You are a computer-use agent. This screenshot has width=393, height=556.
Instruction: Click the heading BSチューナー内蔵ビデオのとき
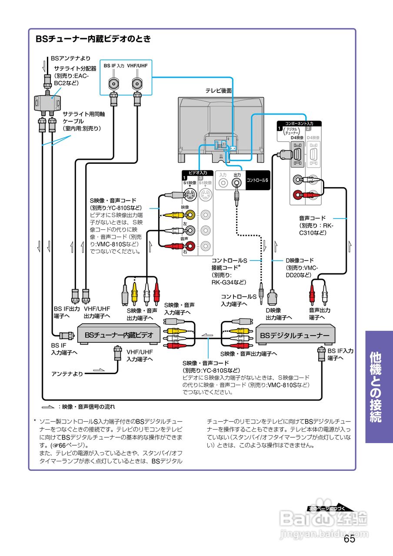click(93, 39)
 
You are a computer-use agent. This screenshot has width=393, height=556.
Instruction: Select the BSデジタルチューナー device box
click(295, 335)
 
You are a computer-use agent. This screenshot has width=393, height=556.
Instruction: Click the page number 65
click(349, 539)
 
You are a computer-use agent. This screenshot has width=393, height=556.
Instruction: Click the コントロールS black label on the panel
click(257, 179)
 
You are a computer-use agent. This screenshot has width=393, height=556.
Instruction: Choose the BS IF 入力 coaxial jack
click(114, 83)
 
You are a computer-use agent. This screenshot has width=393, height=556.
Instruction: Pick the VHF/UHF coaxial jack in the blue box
click(137, 83)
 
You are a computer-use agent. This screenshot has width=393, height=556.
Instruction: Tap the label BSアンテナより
click(70, 58)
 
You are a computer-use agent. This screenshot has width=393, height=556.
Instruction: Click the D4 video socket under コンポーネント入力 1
click(297, 154)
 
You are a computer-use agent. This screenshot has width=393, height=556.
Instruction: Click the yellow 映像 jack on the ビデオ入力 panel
click(191, 214)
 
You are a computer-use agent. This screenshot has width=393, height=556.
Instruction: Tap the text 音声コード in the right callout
click(312, 218)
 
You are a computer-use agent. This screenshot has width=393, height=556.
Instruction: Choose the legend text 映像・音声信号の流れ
click(88, 407)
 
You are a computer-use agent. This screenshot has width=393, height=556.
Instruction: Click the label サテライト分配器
click(75, 69)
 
